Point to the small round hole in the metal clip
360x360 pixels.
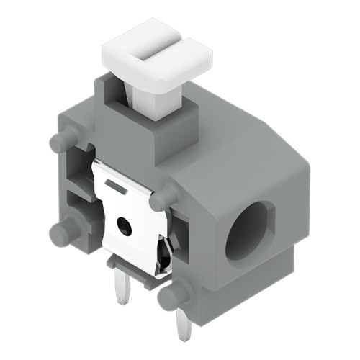[125, 226]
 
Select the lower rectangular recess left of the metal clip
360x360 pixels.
[81, 209]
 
